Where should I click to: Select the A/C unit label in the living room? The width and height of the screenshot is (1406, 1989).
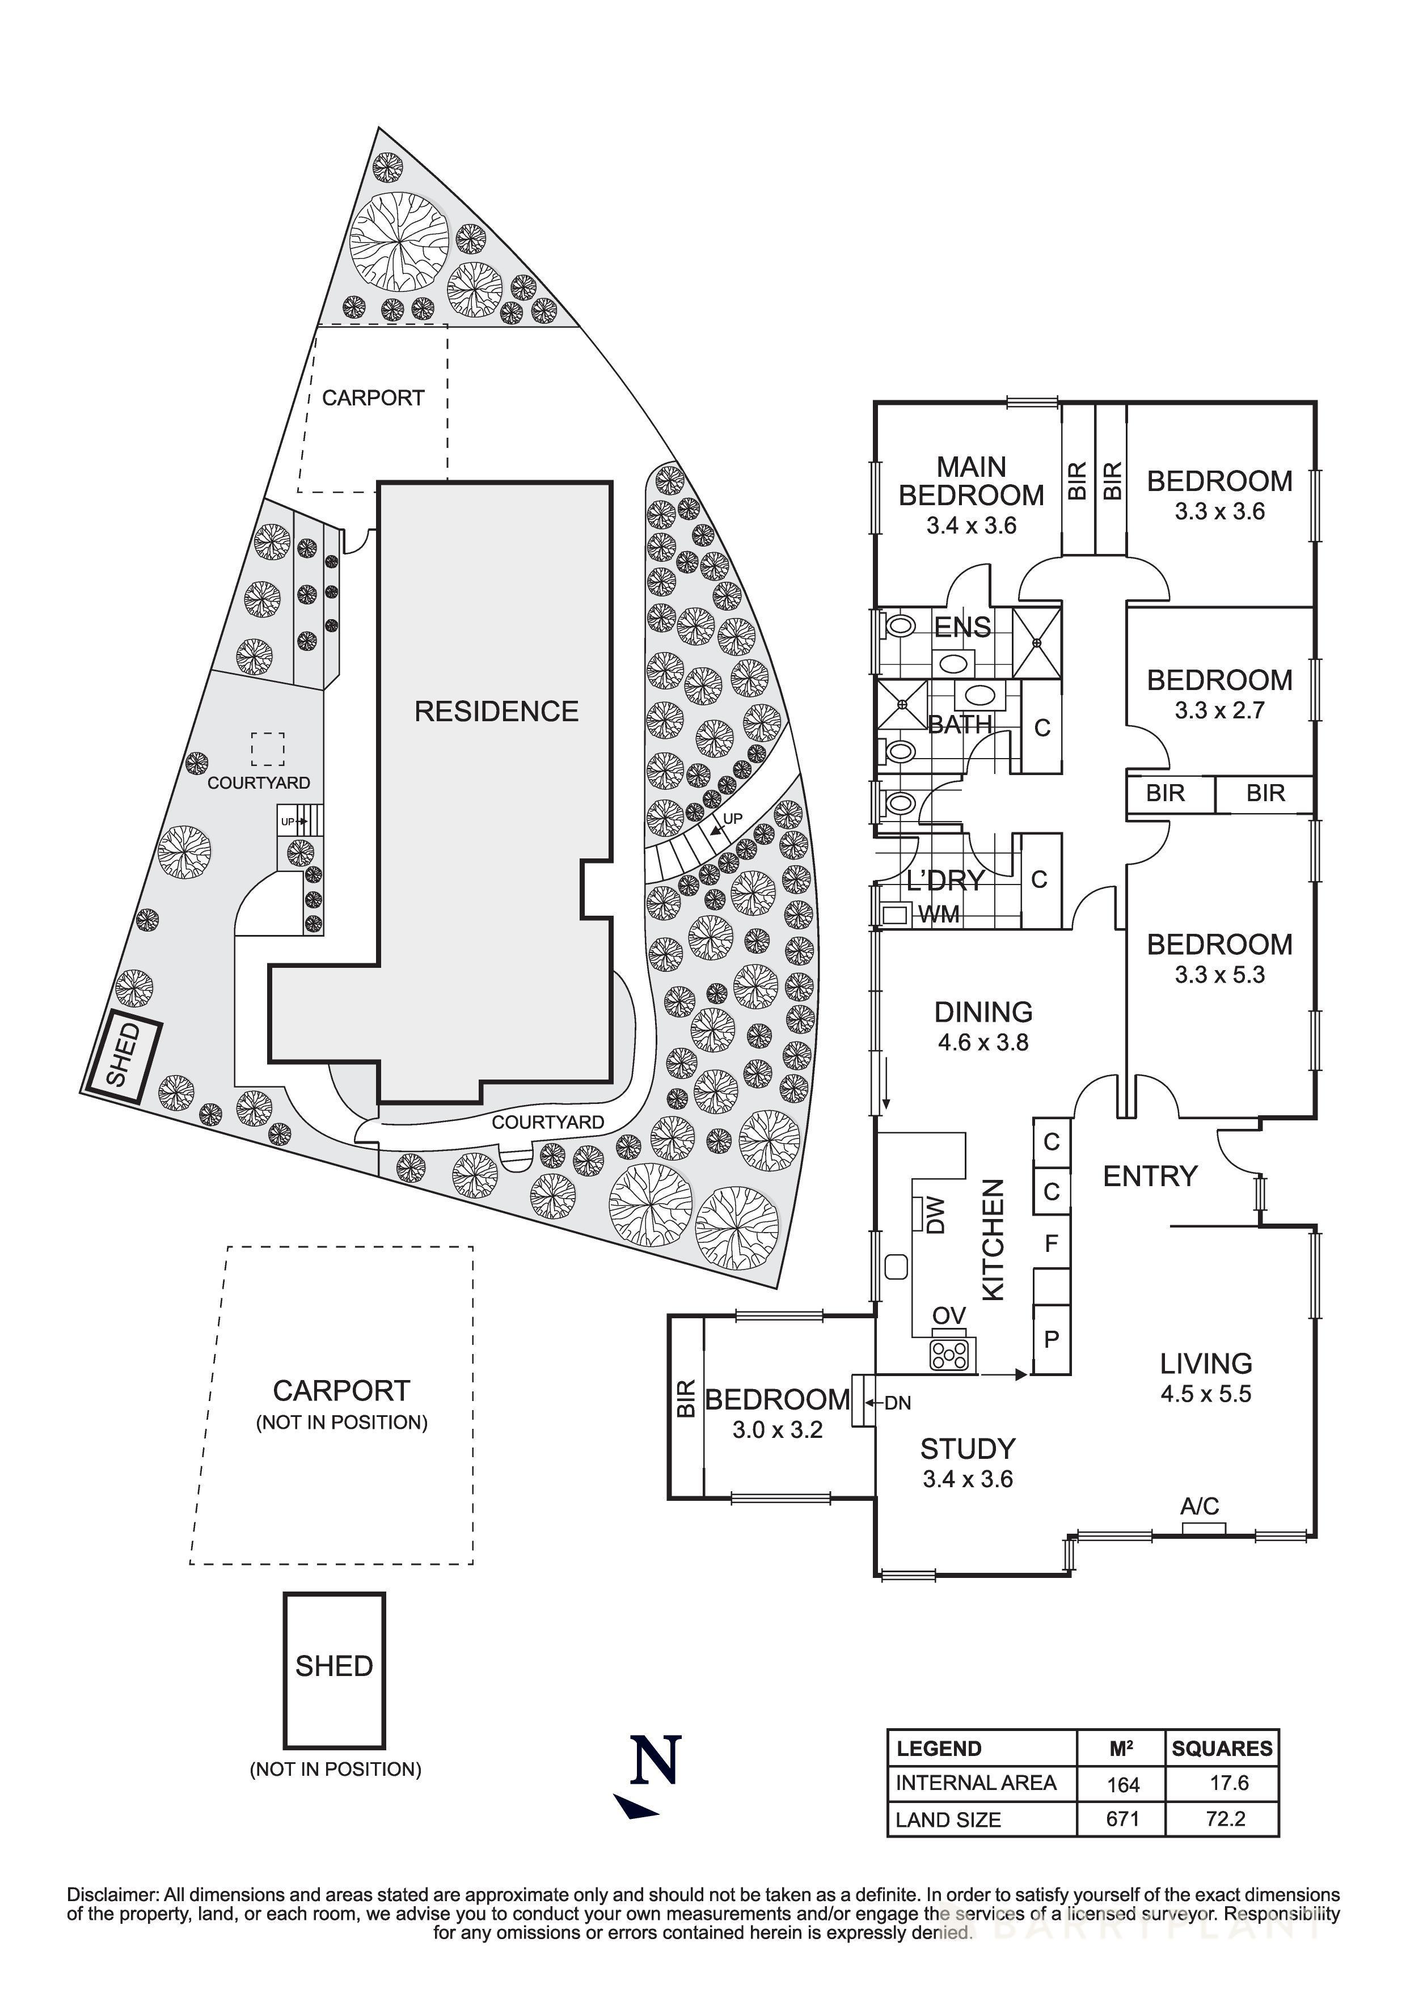tap(1199, 1506)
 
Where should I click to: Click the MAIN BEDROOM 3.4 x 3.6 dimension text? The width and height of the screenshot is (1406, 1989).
tap(970, 526)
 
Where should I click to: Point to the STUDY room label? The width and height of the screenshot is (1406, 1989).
tap(967, 1449)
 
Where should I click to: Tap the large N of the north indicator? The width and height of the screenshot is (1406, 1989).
tap(655, 1762)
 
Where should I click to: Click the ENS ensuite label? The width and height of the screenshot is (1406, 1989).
tap(961, 627)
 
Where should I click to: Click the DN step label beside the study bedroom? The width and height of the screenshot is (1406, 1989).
tap(897, 1403)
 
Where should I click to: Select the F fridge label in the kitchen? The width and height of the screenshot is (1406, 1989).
tap(1052, 1244)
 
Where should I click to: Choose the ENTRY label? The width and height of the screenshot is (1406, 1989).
tap(1150, 1177)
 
